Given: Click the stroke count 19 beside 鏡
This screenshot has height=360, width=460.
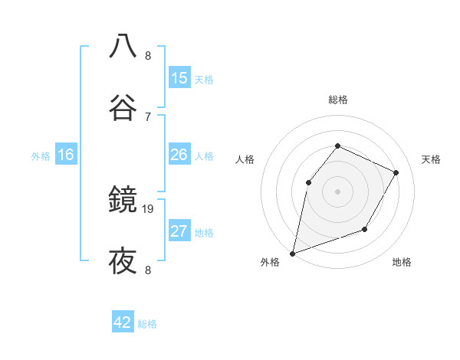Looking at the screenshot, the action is (x=149, y=208).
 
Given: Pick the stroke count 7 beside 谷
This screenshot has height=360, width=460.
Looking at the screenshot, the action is (x=148, y=116).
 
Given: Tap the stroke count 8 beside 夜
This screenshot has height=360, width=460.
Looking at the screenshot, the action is (x=148, y=270).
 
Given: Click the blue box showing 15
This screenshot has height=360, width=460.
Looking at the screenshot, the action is (x=179, y=78).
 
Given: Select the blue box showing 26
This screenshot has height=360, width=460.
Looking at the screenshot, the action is (x=179, y=155).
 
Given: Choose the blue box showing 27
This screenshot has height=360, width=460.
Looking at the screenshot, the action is (x=179, y=231).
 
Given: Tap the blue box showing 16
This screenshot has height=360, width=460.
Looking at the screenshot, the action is (x=66, y=155).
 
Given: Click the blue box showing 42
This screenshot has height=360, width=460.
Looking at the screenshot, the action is (x=123, y=322).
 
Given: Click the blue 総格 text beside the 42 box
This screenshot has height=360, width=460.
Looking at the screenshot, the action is (x=147, y=324).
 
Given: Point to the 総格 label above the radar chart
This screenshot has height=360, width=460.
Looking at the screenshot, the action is (x=337, y=100).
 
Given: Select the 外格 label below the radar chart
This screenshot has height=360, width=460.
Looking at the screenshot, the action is (x=270, y=263).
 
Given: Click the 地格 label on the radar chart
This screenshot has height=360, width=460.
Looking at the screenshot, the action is (x=402, y=263).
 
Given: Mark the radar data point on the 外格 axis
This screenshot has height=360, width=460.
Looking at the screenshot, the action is (x=292, y=253).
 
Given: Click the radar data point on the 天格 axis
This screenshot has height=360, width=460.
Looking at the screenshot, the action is (x=396, y=172).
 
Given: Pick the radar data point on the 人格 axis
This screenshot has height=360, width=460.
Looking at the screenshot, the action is (x=308, y=182).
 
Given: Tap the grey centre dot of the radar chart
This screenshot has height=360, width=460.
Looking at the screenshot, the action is (x=337, y=191).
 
